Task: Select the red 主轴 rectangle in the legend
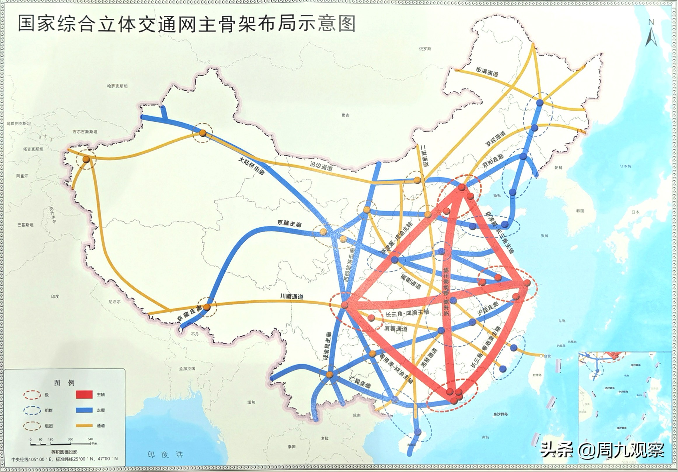click(84, 394)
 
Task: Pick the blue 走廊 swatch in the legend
click(84, 410)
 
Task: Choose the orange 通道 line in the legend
click(84, 426)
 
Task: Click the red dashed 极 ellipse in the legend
click(32, 395)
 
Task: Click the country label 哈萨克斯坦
click(117, 86)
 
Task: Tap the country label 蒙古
click(345, 115)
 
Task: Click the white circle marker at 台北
click(541, 356)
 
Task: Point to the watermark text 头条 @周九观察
click(602, 450)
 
